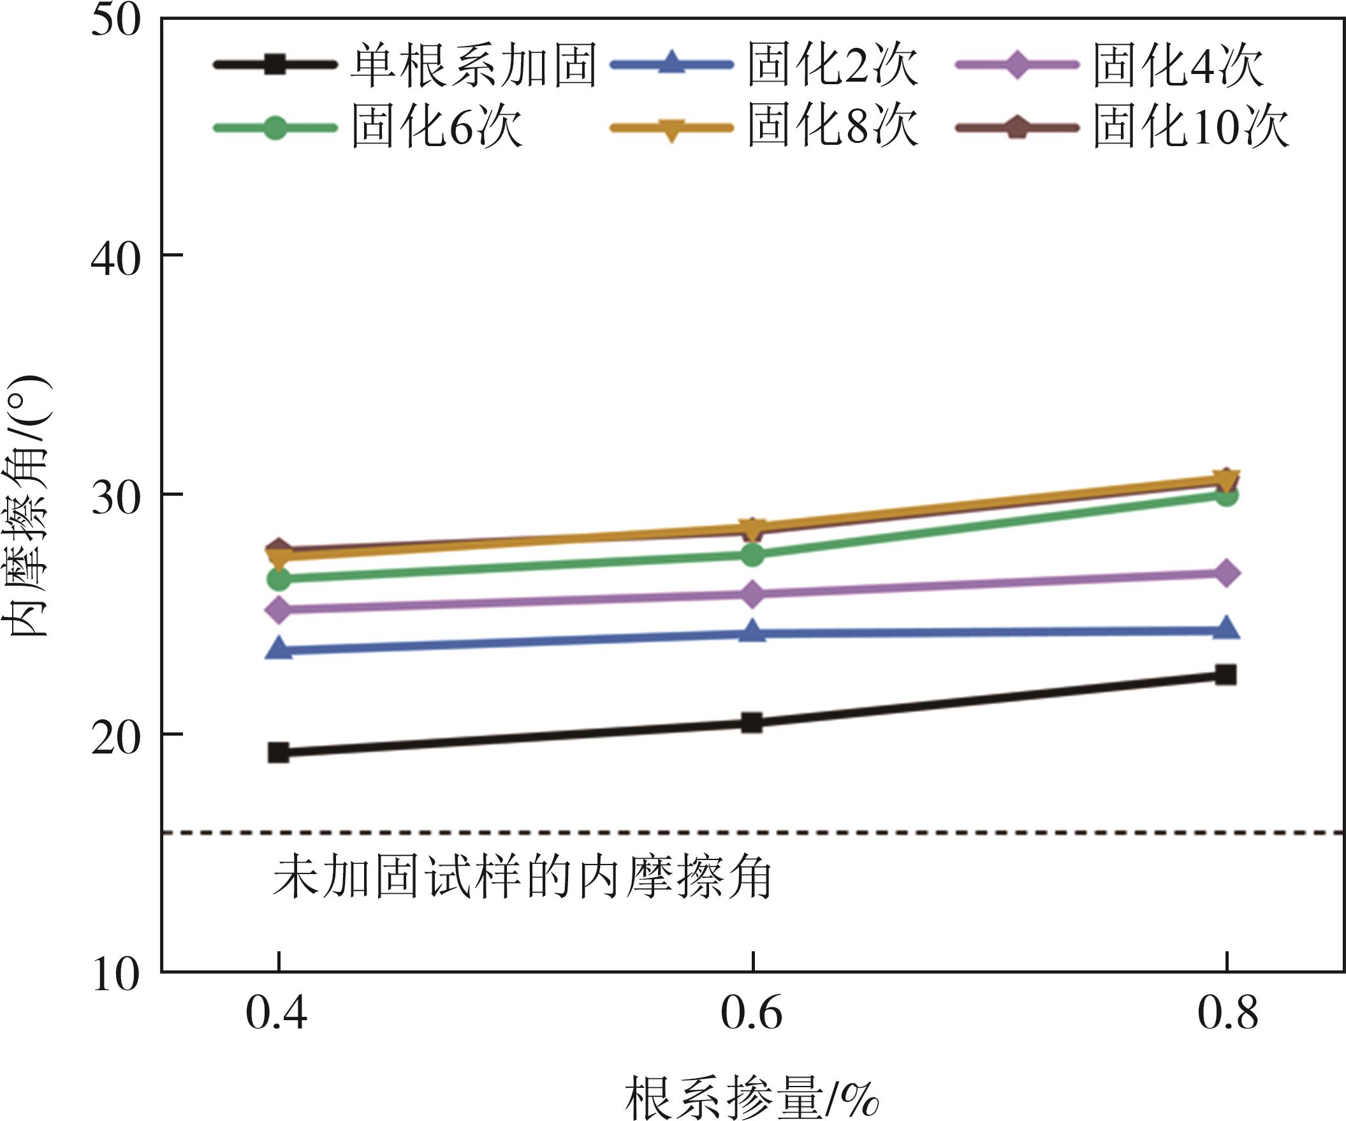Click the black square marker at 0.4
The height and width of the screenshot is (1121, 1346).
(x=279, y=752)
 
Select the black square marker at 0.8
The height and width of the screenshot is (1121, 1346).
(x=1225, y=674)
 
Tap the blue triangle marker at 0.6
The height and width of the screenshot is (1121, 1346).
(x=752, y=632)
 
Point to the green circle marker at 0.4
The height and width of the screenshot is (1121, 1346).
(x=279, y=579)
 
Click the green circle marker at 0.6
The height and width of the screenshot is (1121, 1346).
(x=752, y=554)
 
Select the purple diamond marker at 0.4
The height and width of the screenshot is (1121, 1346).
(x=279, y=609)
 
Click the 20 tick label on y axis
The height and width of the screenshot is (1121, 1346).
(x=115, y=738)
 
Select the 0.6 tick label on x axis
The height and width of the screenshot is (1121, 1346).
(x=752, y=1014)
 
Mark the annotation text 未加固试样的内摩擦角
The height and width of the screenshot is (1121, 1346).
(x=522, y=878)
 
